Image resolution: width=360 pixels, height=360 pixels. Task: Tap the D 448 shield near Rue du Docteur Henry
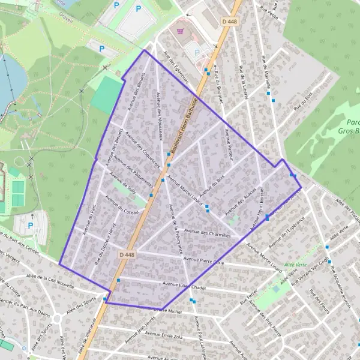pos(127,254)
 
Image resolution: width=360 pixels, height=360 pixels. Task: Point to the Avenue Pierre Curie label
pos(204,260)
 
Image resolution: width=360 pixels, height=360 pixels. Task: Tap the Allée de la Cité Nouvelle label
pos(50,281)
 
